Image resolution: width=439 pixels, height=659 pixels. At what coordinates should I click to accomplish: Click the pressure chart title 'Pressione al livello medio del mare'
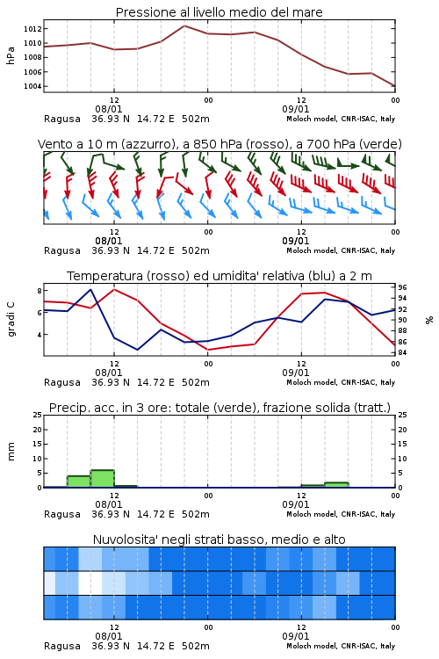[219, 12]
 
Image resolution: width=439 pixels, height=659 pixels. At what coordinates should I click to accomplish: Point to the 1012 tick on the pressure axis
[32, 29]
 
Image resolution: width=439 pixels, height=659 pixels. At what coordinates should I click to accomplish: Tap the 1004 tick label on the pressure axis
[32, 86]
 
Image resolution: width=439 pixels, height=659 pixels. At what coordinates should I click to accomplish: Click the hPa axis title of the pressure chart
[11, 55]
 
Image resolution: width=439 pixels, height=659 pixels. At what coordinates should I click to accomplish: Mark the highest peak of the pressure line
[184, 25]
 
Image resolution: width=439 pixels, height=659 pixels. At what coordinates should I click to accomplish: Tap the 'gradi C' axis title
[11, 320]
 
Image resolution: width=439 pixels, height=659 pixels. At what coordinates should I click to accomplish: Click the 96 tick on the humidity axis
[402, 287]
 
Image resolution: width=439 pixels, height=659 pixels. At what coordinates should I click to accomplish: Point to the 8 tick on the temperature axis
[40, 291]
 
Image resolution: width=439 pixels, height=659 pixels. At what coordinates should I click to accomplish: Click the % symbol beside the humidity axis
[429, 320]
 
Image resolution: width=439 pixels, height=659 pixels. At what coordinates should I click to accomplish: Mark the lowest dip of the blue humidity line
[137, 350]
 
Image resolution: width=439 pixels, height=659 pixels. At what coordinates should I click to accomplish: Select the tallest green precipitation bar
[103, 479]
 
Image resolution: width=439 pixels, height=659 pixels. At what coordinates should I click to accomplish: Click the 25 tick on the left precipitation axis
[38, 415]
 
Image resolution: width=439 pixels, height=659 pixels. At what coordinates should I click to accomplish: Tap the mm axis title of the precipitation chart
[11, 452]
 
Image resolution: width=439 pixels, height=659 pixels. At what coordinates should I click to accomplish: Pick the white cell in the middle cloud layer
[90, 583]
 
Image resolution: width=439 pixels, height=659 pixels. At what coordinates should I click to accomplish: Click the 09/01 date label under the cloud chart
[296, 636]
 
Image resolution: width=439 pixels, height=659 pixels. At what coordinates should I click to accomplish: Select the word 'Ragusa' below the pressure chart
[62, 119]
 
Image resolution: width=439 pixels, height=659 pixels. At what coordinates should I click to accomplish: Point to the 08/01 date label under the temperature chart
[109, 373]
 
